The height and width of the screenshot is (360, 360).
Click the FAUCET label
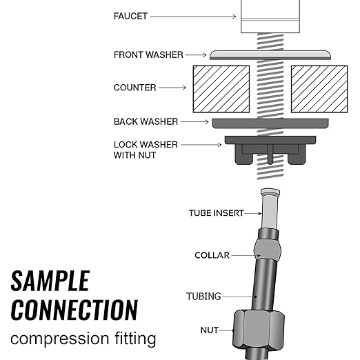pos(130,16)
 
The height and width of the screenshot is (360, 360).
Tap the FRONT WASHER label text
pos(149,54)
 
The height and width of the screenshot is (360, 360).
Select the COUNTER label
pos(135,88)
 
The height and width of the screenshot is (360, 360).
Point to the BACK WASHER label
pos(146,121)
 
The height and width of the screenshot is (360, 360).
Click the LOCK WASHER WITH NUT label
pos(146,150)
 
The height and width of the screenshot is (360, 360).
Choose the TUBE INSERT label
pos(217,213)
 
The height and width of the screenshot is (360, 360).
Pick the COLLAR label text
pos(211,255)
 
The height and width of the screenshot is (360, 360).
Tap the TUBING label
pos(203,297)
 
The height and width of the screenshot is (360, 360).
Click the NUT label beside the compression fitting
pos(209,330)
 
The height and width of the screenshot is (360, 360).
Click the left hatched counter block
pos(221,89)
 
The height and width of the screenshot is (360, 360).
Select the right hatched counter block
pos(319,89)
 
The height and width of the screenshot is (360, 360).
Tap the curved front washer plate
pos(270,54)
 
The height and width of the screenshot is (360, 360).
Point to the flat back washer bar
pos(270,123)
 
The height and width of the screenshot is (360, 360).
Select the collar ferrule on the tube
pos(267,247)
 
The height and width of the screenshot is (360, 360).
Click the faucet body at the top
pos(270,16)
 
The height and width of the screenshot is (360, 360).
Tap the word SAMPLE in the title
pos(50,281)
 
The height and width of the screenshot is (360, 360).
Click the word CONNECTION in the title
pos(74,309)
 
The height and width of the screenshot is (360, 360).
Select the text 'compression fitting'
pos(83,339)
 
